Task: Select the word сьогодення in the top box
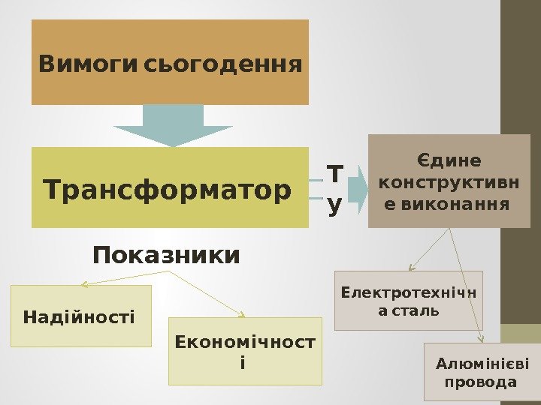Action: click(x=222, y=64)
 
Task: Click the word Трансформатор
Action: click(x=168, y=190)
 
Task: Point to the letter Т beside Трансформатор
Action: click(x=334, y=175)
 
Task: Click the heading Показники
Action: click(x=166, y=256)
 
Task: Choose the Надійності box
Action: click(x=80, y=316)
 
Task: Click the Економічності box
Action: click(x=245, y=351)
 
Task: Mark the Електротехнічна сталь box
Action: click(x=408, y=300)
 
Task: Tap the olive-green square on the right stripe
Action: click(x=521, y=334)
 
